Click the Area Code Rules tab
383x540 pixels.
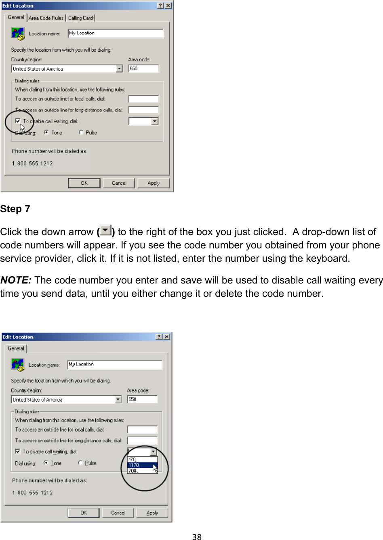pyautogui.click(x=46, y=18)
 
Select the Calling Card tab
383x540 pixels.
pyautogui.click(x=80, y=18)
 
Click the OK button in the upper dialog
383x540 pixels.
pyautogui.click(x=84, y=183)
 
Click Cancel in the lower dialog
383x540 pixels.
pyautogui.click(x=118, y=513)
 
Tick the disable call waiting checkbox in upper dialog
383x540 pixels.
pyautogui.click(x=18, y=121)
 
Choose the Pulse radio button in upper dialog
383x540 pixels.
pyautogui.click(x=81, y=132)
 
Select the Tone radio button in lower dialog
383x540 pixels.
pyautogui.click(x=46, y=463)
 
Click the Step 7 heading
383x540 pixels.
pyautogui.click(x=15, y=209)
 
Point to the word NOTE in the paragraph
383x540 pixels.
pyautogui.click(x=15, y=280)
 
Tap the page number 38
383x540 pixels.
pyautogui.click(x=197, y=536)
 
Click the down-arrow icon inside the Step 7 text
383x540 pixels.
pyautogui.click(x=105, y=231)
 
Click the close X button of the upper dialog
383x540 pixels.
pyautogui.click(x=168, y=6)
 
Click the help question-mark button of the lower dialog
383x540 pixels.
pyautogui.click(x=159, y=337)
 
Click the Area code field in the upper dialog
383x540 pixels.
pyautogui.click(x=143, y=69)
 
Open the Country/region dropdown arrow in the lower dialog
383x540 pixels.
pyautogui.click(x=118, y=400)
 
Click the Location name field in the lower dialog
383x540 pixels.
pyautogui.click(x=115, y=365)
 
